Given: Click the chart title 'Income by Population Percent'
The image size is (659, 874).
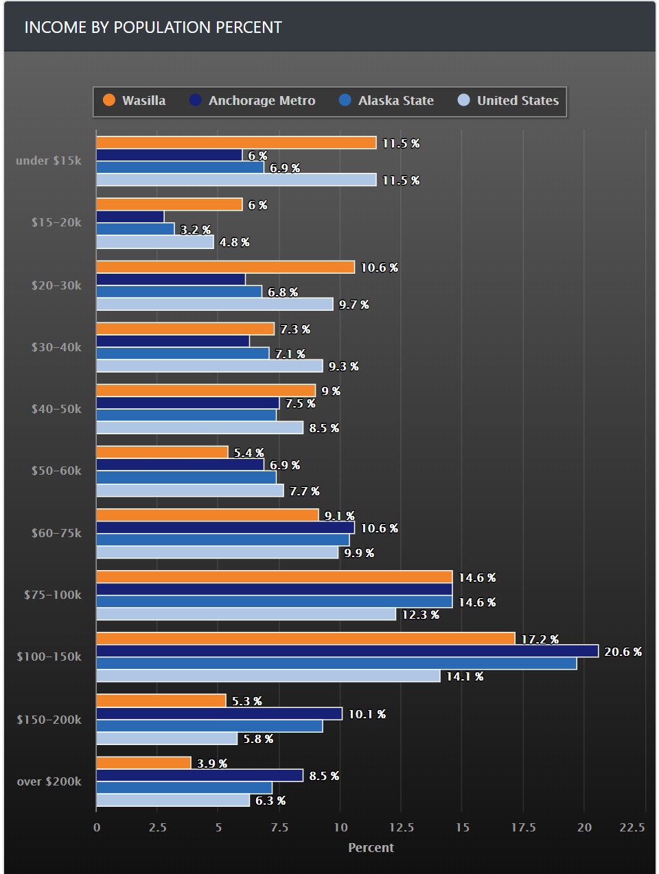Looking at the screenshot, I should pyautogui.click(x=153, y=27).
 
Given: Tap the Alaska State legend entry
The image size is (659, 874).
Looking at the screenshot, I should pyautogui.click(x=386, y=101).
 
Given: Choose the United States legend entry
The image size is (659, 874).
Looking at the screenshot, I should pyautogui.click(x=509, y=101).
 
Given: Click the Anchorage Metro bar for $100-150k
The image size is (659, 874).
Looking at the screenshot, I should pyautogui.click(x=347, y=651).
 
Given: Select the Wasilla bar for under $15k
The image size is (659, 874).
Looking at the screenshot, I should pyautogui.click(x=236, y=143).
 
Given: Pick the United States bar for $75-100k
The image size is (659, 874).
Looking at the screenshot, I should pyautogui.click(x=246, y=614).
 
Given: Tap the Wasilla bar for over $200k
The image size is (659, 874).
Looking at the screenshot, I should pyautogui.click(x=143, y=763).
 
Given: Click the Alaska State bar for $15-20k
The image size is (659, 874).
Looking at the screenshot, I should pyautogui.click(x=135, y=229).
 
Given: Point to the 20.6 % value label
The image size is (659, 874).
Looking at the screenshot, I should pyautogui.click(x=623, y=652).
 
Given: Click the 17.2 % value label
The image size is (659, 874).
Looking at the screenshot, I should pyautogui.click(x=540, y=639).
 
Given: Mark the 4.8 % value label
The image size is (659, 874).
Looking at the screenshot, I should pyautogui.click(x=234, y=242).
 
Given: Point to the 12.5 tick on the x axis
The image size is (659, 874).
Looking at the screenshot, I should pyautogui.click(x=401, y=827).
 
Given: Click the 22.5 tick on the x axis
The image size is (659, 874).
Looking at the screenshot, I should pyautogui.click(x=632, y=827).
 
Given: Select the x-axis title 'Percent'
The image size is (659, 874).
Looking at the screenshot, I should pyautogui.click(x=371, y=848).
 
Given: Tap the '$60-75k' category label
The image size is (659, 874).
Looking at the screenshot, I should pyautogui.click(x=56, y=533).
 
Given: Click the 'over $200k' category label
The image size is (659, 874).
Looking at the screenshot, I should pyautogui.click(x=49, y=781).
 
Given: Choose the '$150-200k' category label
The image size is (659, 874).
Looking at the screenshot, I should pyautogui.click(x=49, y=720).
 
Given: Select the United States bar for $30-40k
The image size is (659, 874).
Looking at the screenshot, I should pyautogui.click(x=209, y=366).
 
